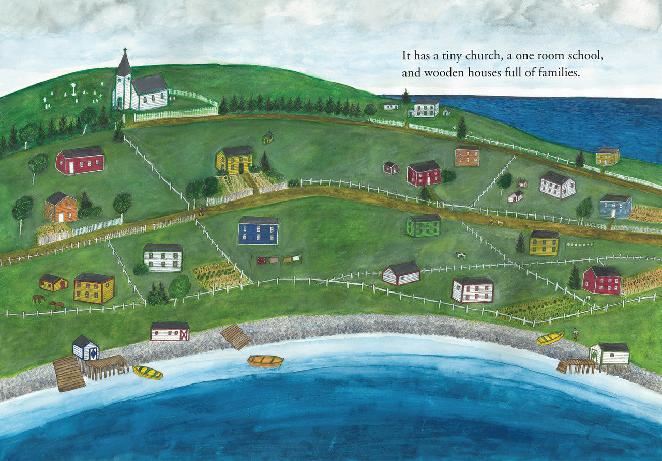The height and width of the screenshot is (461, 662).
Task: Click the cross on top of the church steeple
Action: tap(124, 51)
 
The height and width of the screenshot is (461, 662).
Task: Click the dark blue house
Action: tap(258, 231)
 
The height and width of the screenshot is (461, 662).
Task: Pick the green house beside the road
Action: tap(423, 226)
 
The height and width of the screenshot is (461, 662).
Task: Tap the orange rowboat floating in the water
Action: tap(265, 361)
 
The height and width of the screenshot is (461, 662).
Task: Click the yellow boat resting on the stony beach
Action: tap(550, 338)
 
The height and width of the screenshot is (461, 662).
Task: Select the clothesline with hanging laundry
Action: tap(276, 259)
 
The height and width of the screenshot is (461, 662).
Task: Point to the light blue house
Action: tap(615, 207)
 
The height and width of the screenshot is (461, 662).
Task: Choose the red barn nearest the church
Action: tap(80, 160)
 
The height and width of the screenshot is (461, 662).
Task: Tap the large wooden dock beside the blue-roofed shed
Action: tap(68, 373)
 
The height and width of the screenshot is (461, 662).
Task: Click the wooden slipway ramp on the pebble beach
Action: tap(236, 336)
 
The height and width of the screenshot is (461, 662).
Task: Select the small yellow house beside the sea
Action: tap(607, 157)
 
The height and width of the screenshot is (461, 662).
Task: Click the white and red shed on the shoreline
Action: tap(170, 331)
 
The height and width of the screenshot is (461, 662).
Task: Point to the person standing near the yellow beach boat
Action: tap(575, 334)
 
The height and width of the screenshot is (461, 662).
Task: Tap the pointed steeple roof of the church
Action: tap(124, 65)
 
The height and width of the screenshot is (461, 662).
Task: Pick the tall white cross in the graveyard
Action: tap(73, 89)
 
